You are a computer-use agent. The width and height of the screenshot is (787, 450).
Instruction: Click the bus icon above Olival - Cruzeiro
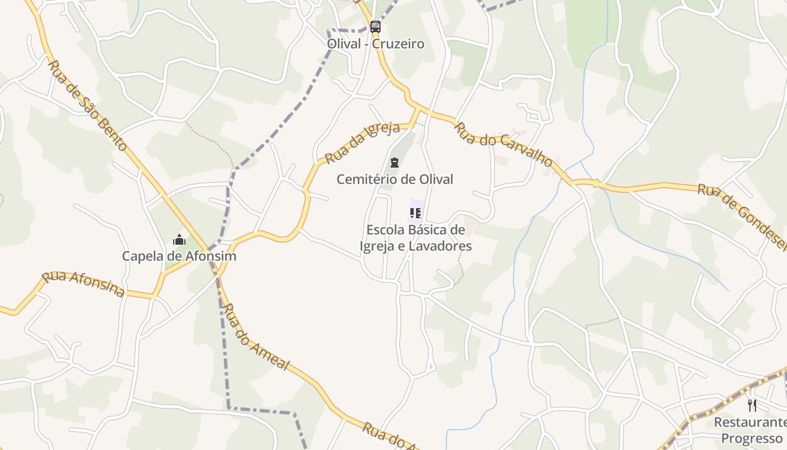tap(375, 26)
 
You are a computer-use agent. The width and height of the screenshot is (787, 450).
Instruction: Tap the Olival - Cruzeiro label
tap(376, 44)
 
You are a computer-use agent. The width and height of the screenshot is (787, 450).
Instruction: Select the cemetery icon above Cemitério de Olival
tap(395, 163)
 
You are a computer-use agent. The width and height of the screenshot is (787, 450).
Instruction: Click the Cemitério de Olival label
tap(395, 179)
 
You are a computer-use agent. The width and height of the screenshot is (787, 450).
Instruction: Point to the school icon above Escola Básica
tap(415, 213)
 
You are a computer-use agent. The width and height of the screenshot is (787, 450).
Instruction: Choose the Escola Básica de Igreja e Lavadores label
tap(415, 238)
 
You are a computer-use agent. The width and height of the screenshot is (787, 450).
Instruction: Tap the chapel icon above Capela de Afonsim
tap(179, 240)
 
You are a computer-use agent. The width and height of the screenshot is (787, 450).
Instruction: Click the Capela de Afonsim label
tap(179, 256)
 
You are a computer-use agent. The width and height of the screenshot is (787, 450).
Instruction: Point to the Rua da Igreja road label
tap(362, 142)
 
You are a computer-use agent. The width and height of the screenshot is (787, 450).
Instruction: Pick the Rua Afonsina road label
tap(83, 284)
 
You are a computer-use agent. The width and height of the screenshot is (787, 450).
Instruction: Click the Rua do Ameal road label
tap(256, 337)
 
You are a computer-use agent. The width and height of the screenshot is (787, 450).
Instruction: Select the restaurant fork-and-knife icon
tap(752, 405)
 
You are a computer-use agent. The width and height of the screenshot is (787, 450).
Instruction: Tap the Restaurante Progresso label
tap(750, 430)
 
